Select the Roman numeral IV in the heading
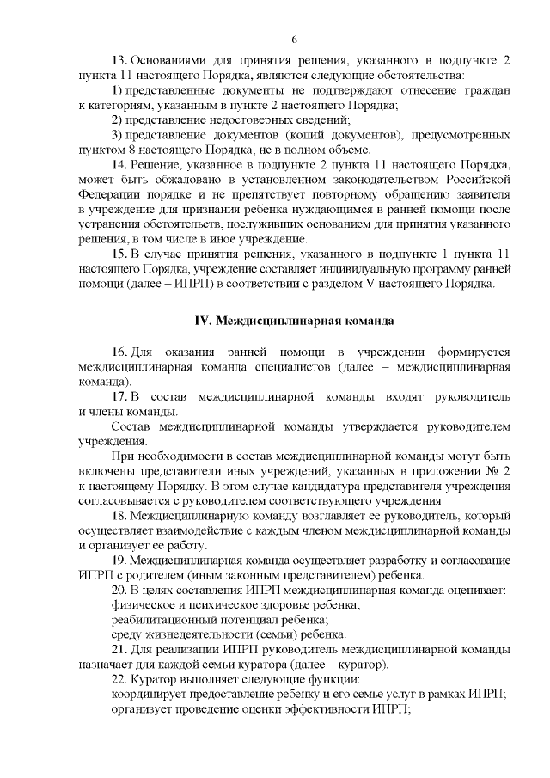click(203, 322)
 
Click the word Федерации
click(107, 193)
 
